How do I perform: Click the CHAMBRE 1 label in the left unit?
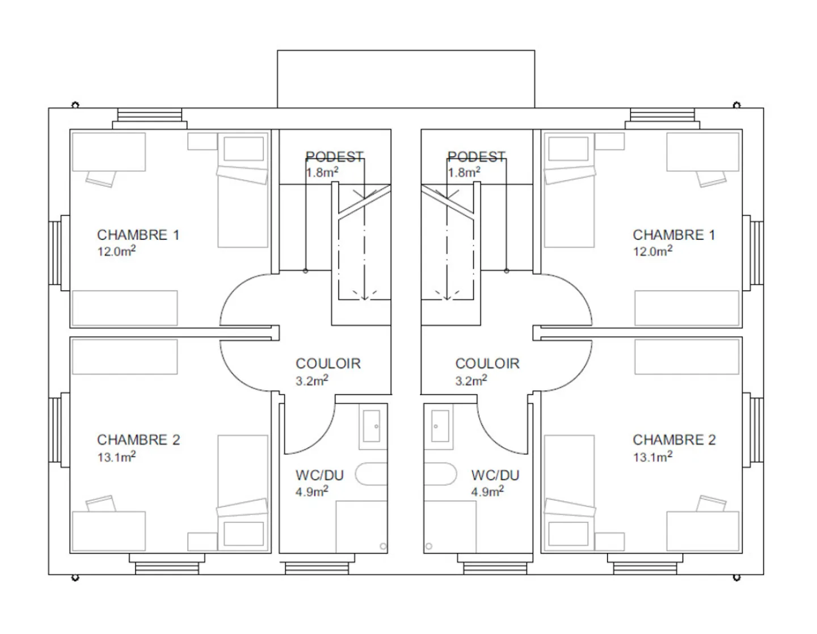[138, 235]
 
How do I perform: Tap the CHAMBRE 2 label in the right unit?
[674, 439]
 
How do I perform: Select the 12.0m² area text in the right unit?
[652, 251]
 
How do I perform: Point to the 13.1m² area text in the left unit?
[116, 457]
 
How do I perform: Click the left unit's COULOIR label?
[329, 364]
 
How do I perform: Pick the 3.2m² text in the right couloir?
[471, 381]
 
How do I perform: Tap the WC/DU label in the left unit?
[319, 475]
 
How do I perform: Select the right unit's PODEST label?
[477, 157]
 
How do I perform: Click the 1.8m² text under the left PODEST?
[322, 172]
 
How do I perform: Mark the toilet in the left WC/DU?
[371, 474]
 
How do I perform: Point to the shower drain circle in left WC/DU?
[383, 547]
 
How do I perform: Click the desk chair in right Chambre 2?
[711, 503]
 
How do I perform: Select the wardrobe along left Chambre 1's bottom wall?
[125, 308]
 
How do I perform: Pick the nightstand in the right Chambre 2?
[609, 542]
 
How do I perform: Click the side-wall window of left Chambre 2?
[59, 430]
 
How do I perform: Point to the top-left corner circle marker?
[75, 105]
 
